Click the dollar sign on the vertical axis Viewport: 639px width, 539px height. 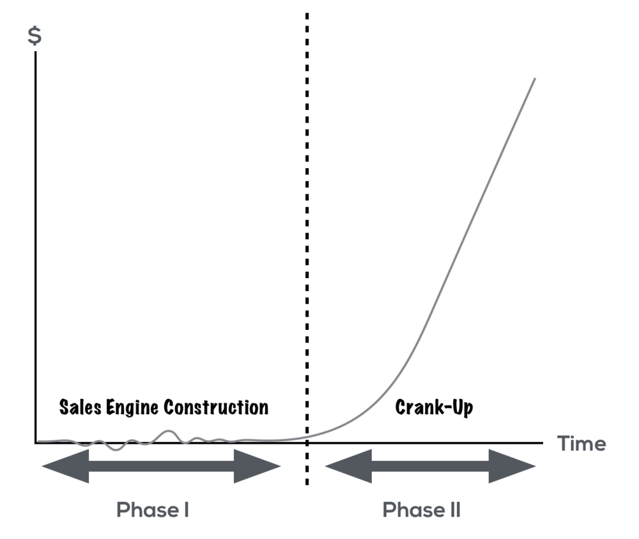[x=35, y=35]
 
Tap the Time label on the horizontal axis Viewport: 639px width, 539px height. [x=581, y=443]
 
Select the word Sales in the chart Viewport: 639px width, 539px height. [x=81, y=407]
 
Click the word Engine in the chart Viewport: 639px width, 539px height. [x=132, y=408]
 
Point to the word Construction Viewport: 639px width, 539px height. [x=216, y=407]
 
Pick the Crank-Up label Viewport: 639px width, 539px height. [x=434, y=407]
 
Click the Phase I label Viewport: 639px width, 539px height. [x=153, y=510]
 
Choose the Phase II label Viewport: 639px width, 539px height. [x=421, y=510]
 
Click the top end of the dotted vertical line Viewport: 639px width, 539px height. [x=307, y=14]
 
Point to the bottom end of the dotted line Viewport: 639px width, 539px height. [x=307, y=484]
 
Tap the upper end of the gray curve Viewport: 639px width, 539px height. [x=535, y=78]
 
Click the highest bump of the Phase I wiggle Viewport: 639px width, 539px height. [x=169, y=431]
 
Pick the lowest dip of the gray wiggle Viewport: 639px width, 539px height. [x=116, y=449]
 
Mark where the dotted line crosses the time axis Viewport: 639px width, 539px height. [x=307, y=442]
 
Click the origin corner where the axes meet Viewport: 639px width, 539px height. [x=36, y=442]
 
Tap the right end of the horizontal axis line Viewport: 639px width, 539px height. [x=543, y=442]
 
